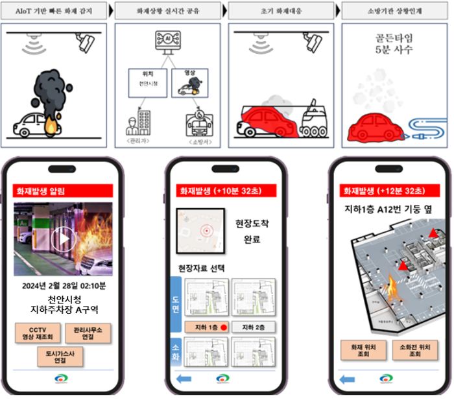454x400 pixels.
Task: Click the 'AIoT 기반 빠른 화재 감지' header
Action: pyautogui.click(x=54, y=11)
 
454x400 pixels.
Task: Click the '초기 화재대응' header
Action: pyautogui.click(x=282, y=11)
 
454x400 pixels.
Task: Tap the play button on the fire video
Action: pyautogui.click(x=63, y=239)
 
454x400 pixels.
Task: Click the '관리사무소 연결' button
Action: pyautogui.click(x=88, y=333)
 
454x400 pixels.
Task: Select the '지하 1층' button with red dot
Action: pyautogui.click(x=206, y=327)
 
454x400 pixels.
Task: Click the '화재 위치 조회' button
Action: pyautogui.click(x=363, y=350)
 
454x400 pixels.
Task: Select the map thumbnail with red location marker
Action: pyautogui.click(x=202, y=231)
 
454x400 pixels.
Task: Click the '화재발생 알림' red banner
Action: pyautogui.click(x=63, y=191)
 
